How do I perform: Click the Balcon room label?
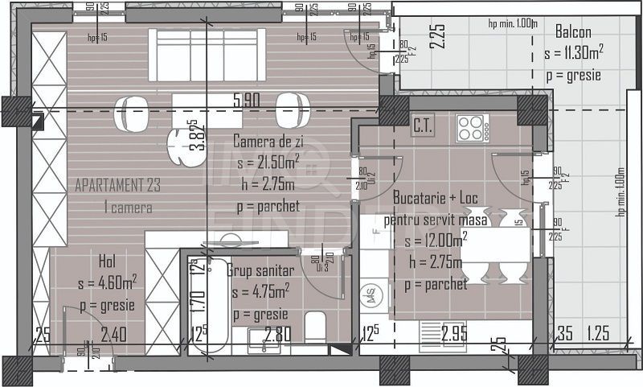pyautogui.click(x=573, y=33)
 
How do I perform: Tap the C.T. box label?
pyautogui.click(x=424, y=126)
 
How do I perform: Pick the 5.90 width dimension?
pyautogui.click(x=247, y=101)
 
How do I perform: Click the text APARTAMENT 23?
pyautogui.click(x=117, y=185)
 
